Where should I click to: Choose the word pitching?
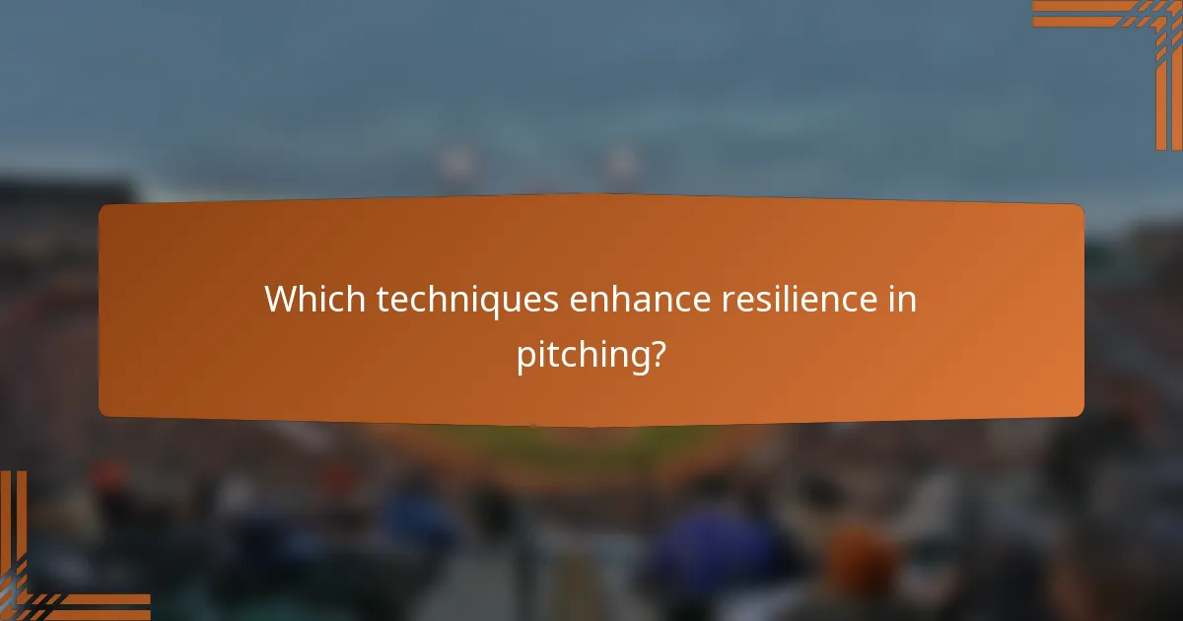[x=583, y=355]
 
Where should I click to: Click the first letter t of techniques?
[x=383, y=300]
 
